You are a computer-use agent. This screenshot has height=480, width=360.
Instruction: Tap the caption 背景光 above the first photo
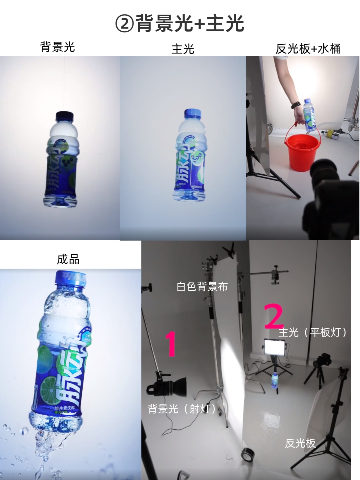(58, 47)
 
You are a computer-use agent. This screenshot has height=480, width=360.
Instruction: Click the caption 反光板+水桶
(308, 49)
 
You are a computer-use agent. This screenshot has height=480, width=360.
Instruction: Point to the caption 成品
(68, 259)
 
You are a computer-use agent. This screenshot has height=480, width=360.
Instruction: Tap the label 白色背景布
(202, 287)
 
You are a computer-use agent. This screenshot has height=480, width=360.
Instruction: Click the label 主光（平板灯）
(312, 333)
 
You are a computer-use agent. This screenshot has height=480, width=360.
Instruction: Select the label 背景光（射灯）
(182, 409)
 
